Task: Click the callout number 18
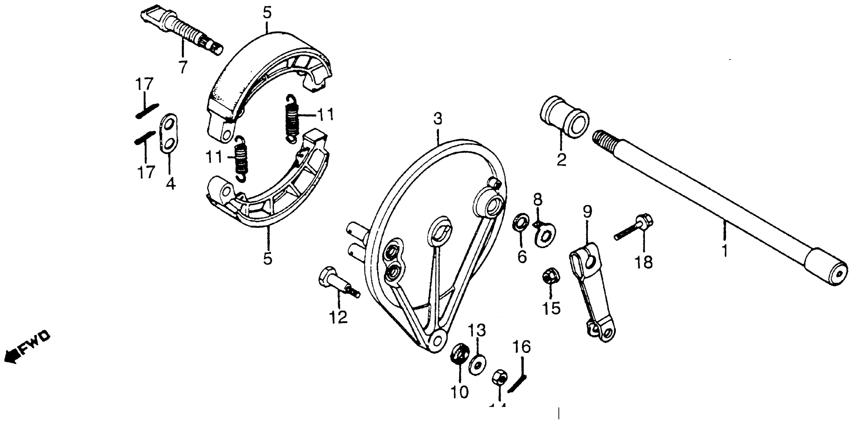(644, 262)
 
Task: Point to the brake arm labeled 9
(592, 293)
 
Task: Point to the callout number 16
(521, 347)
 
